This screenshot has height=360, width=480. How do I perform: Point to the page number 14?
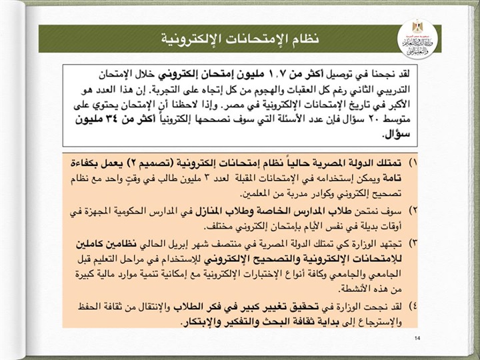point(417,338)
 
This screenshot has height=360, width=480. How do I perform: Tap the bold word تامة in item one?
point(391,179)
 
